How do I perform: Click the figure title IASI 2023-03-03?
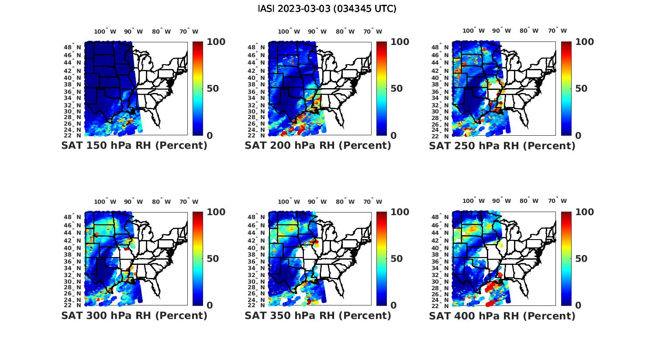(x=327, y=9)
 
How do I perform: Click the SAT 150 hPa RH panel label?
(x=134, y=145)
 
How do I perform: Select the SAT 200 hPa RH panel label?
(x=318, y=145)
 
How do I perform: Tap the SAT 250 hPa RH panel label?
(x=502, y=146)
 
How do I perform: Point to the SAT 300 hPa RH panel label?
(x=134, y=315)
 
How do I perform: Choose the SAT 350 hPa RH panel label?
(x=318, y=315)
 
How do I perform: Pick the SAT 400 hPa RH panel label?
(x=502, y=315)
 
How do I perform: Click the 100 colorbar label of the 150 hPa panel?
(x=216, y=42)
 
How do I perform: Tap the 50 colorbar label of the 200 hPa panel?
(x=396, y=89)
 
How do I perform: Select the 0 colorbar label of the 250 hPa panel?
(x=578, y=136)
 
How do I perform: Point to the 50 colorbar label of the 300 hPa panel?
(x=212, y=259)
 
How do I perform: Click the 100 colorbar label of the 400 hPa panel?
(x=584, y=212)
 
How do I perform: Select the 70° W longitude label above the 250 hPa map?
(x=558, y=31)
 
